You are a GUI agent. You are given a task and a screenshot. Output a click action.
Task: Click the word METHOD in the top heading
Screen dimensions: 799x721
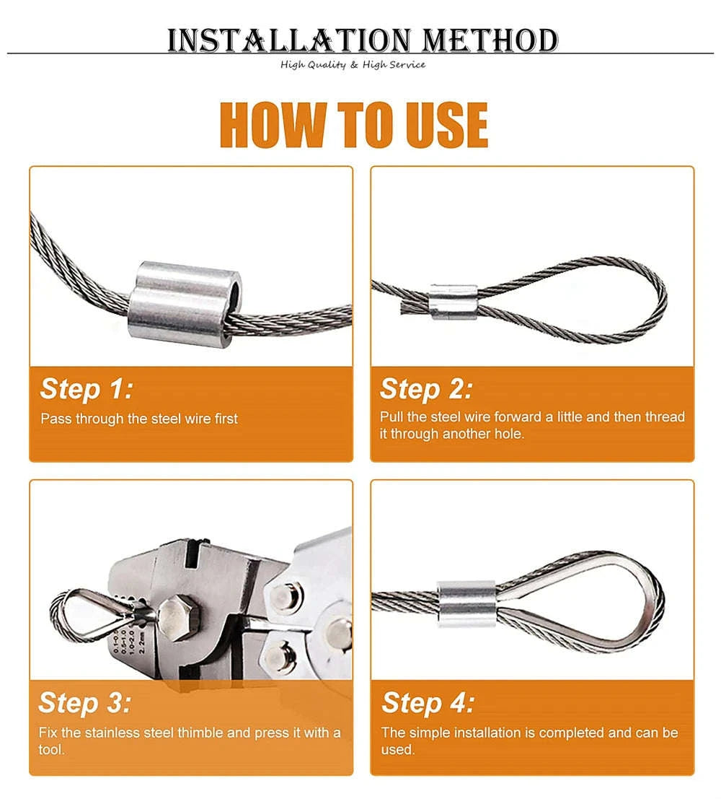(490, 41)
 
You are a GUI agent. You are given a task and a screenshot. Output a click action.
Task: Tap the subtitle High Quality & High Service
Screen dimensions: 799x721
(353, 65)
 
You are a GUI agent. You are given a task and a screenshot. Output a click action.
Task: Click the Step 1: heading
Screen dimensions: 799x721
(87, 389)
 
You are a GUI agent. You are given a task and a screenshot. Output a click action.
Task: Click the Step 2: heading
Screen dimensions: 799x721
(426, 389)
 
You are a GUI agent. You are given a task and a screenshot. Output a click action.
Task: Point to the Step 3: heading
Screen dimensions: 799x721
(85, 702)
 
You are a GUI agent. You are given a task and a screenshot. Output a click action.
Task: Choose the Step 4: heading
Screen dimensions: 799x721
(428, 702)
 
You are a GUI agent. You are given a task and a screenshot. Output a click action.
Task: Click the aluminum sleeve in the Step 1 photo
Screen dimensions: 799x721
(186, 303)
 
